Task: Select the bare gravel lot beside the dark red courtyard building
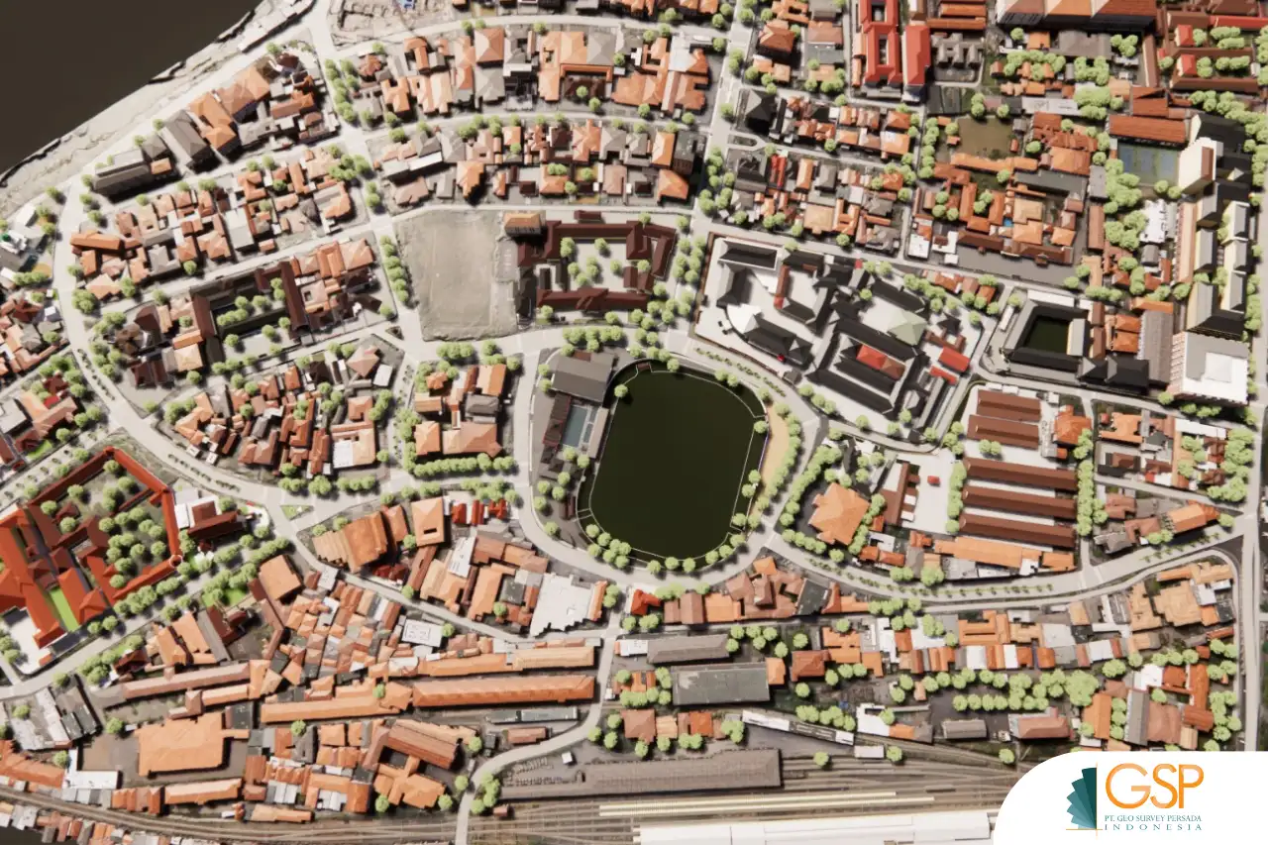click(x=457, y=275)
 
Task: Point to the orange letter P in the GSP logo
click(x=1186, y=787)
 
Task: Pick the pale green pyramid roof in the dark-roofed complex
click(x=905, y=326)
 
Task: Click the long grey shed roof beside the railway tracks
click(x=642, y=773)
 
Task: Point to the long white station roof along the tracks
click(x=812, y=828)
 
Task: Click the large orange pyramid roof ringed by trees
click(x=838, y=512)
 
